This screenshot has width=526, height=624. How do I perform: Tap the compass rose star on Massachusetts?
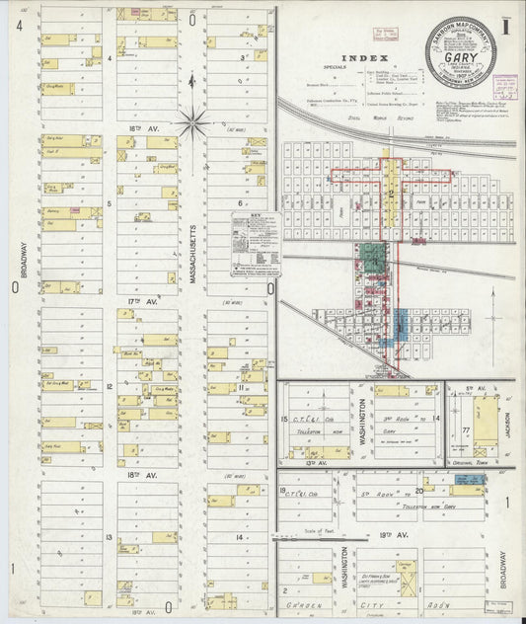(193, 123)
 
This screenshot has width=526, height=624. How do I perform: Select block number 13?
(111, 535)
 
